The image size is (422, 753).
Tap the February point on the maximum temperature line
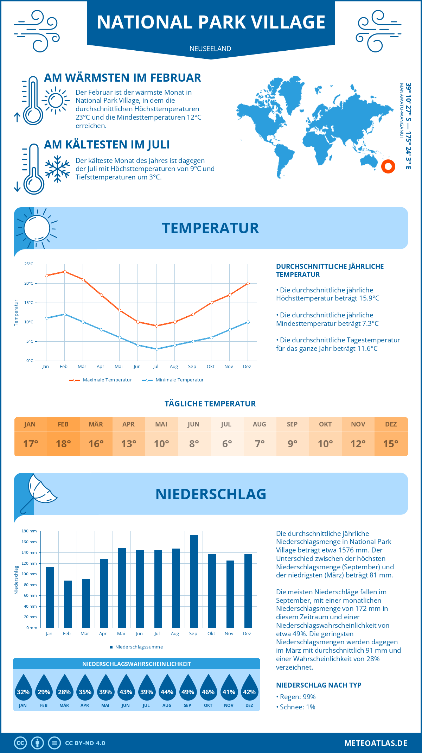65,272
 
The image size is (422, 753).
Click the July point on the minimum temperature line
156,349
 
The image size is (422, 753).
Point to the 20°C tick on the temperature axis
29,283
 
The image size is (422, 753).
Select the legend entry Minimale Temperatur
173,380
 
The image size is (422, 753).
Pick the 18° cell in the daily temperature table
63,444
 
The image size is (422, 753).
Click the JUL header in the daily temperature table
226,424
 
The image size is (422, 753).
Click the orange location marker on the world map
388,166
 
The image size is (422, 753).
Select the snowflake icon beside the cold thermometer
57,169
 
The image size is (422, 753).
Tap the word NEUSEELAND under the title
210,49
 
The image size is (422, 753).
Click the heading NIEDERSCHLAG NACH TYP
319,685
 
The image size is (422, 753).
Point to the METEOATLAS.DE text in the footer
376,743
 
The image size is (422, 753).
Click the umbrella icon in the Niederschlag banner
39,492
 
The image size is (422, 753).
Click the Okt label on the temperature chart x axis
210,367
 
